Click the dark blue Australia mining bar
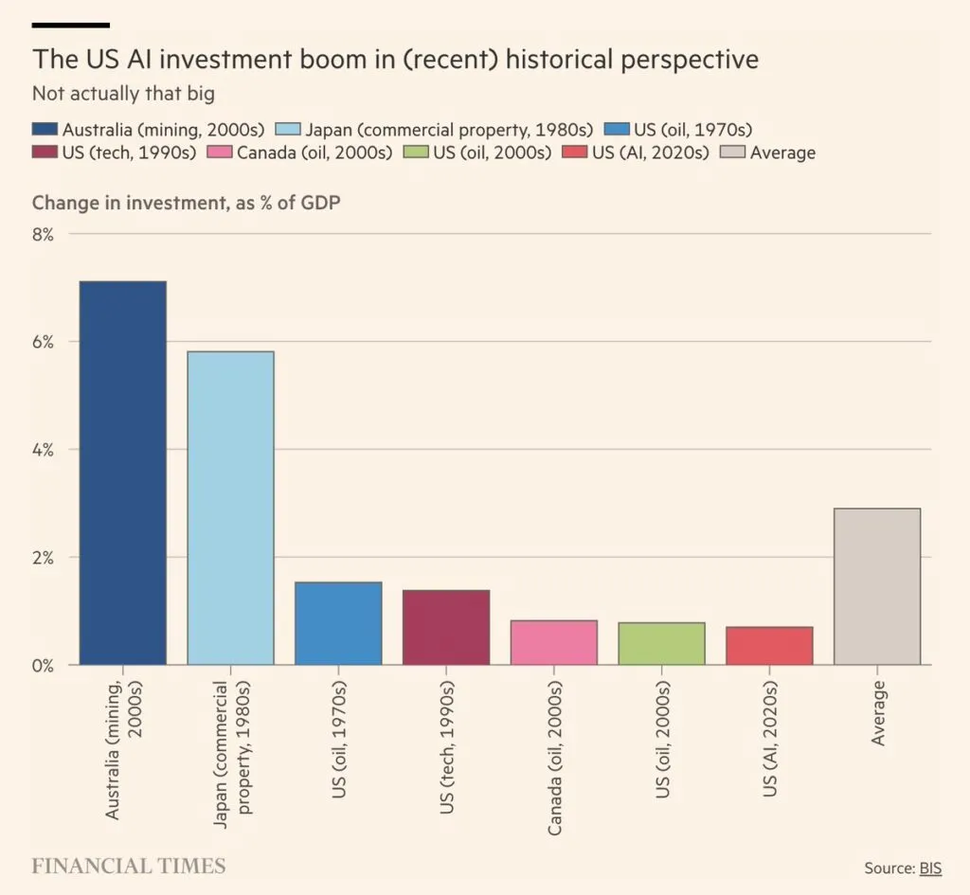pos(123,473)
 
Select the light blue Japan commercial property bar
pos(231,508)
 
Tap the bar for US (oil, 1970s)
pos(338,623)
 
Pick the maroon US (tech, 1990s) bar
pos(446,627)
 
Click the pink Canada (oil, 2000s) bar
pos(554,642)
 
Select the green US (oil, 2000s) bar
pos(661,643)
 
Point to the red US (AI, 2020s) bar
pos(769,645)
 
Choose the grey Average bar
pos(877,586)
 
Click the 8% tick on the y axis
pos(43,233)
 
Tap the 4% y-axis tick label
pos(43,449)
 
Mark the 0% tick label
pos(43,665)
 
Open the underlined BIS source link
pos(931,868)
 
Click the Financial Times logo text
pos(129,866)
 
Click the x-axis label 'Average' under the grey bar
pos(878,712)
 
